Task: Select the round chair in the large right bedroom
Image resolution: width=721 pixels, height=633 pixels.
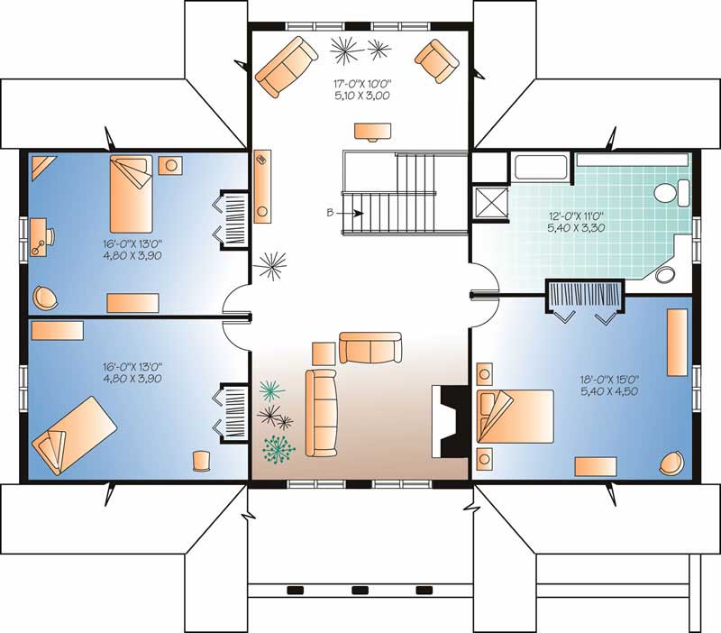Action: pyautogui.click(x=671, y=462)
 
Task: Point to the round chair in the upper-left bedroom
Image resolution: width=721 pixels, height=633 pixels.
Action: pyautogui.click(x=44, y=295)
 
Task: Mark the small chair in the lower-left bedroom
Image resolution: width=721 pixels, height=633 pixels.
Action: pyautogui.click(x=201, y=460)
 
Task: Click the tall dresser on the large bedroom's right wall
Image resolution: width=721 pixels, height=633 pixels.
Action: pyautogui.click(x=676, y=343)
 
